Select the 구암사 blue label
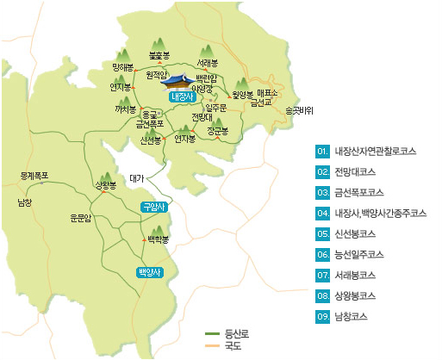[153, 207]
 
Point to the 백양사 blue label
[149, 271]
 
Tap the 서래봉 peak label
[206, 64]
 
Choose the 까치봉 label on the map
[125, 110]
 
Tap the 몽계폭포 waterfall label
[34, 176]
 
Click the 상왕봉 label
[105, 185]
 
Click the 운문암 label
[81, 218]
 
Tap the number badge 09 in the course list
[323, 316]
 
